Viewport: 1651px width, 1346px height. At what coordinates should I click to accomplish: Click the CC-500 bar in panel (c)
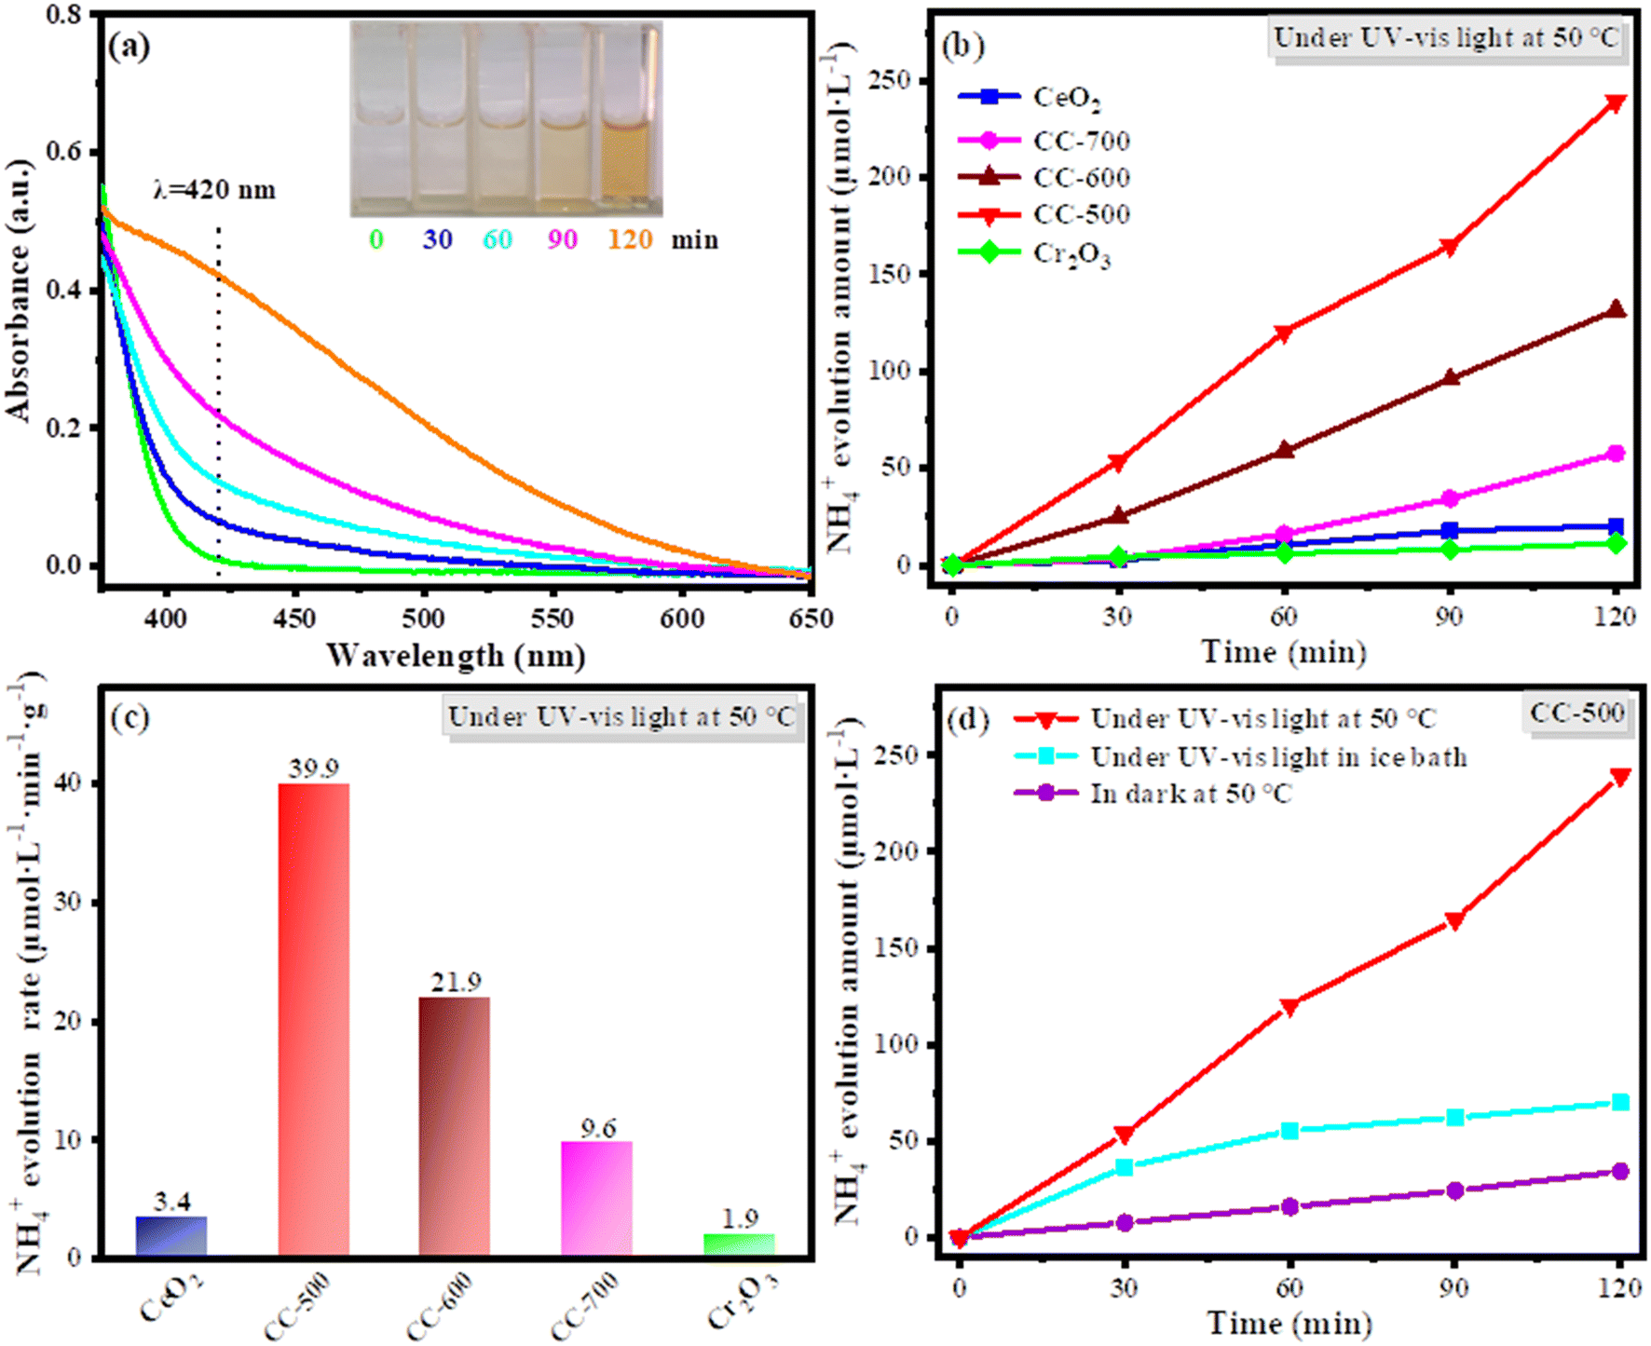(314, 1020)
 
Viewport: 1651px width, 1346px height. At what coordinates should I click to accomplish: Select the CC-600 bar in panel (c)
(455, 1127)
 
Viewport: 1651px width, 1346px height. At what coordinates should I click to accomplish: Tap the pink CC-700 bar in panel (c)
(597, 1200)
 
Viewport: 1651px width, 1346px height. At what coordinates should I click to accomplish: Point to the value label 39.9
(313, 768)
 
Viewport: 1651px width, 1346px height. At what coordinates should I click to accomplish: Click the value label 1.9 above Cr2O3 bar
(740, 1218)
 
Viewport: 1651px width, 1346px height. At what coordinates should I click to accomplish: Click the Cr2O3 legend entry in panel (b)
(1035, 253)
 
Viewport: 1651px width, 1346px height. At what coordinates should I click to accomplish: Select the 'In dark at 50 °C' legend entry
(1153, 794)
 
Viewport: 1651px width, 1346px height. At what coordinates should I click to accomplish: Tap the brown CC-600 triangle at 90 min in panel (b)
(1450, 377)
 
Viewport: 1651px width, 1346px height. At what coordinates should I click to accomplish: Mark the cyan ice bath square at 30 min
(1125, 1167)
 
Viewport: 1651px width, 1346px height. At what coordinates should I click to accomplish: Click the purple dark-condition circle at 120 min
(1620, 1171)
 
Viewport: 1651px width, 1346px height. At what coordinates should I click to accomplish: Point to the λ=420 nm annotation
(215, 190)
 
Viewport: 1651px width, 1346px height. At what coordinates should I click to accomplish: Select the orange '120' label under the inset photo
(630, 239)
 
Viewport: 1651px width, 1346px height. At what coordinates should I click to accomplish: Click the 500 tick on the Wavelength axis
(424, 619)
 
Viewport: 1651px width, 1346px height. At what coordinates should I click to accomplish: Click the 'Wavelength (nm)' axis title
(456, 656)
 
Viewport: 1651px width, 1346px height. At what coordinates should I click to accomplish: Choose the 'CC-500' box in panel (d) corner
(1576, 714)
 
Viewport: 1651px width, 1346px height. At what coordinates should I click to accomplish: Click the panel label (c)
(130, 718)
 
